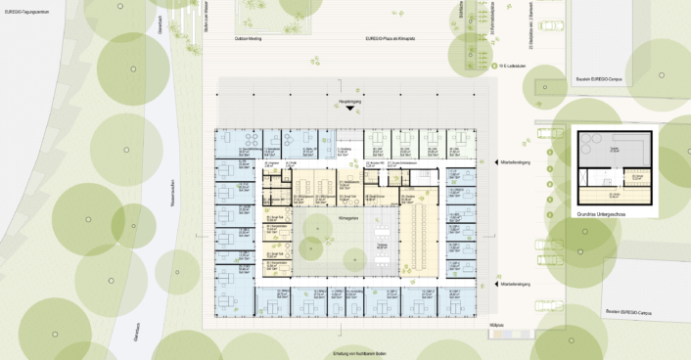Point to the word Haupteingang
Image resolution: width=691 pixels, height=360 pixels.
tap(348, 99)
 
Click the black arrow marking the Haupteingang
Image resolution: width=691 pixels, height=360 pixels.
tap(348, 109)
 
